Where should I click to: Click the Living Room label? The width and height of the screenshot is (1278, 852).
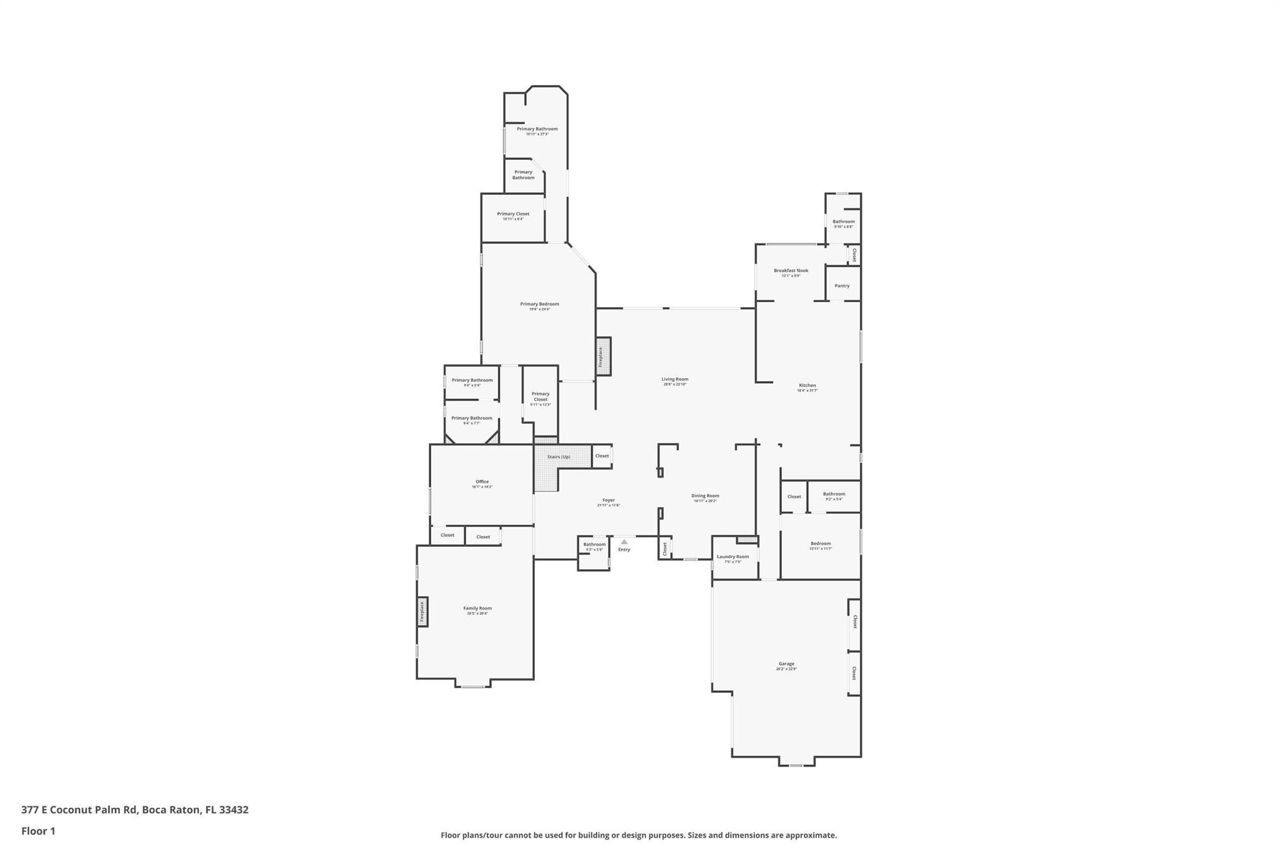675,379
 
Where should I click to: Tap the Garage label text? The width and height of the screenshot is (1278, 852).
786,663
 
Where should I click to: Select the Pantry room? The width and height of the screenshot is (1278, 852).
842,285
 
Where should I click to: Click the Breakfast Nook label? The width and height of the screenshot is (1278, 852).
791,270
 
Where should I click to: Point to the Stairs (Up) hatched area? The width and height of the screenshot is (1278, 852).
559,457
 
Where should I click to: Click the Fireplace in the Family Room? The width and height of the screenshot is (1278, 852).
422,612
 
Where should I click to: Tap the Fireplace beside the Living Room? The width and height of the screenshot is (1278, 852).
602,356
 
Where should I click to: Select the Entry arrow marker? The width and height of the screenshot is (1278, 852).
624,542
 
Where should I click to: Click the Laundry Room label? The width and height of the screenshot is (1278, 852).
733,557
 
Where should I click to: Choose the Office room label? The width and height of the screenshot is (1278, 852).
482,482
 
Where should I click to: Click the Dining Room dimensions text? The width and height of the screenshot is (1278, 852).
705,501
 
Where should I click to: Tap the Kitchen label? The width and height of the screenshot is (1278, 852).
807,385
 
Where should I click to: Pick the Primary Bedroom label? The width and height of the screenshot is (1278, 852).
539,304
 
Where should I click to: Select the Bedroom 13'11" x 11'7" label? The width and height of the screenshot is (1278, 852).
820,544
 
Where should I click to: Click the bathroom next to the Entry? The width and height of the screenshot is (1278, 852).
593,546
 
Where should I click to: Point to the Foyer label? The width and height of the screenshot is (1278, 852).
608,500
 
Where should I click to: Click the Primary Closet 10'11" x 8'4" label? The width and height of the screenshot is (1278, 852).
513,214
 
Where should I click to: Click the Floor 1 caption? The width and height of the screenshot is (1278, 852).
38,831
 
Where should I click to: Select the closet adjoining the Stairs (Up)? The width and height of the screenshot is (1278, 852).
602,456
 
